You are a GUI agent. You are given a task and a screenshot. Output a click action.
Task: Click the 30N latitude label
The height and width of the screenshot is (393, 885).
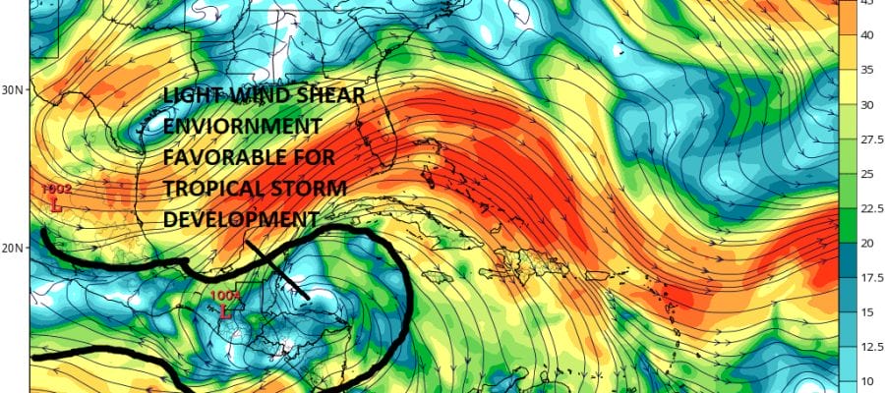pos(12,88)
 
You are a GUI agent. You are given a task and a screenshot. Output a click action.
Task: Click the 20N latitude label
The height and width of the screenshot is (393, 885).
pos(12,248)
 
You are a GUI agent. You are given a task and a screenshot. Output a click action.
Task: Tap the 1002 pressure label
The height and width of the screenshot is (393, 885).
pos(57,189)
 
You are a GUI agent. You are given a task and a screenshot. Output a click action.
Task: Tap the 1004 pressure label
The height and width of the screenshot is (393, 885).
pos(226,295)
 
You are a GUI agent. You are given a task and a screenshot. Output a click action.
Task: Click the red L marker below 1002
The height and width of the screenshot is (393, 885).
pos(56,206)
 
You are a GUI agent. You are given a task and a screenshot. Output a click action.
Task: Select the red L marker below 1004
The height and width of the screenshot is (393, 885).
pos(226,312)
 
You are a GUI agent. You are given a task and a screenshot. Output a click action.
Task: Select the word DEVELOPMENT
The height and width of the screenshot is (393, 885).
pos(240,219)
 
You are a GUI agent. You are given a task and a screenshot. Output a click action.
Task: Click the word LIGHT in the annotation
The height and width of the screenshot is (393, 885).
pos(195,96)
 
